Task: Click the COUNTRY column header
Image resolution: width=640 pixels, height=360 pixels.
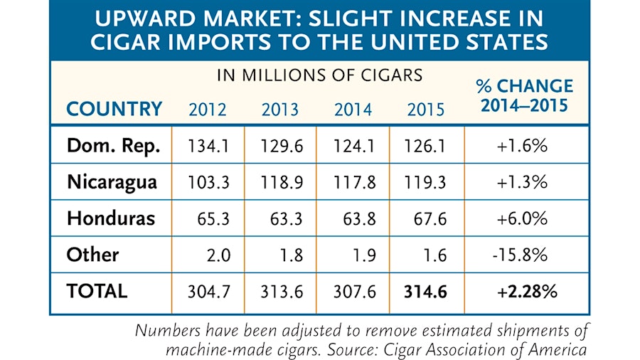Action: tap(114, 109)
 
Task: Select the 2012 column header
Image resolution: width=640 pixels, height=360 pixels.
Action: tap(208, 110)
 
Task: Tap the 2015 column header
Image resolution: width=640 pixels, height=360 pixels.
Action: tap(426, 110)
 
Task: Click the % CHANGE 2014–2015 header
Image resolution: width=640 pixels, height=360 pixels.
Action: tap(526, 96)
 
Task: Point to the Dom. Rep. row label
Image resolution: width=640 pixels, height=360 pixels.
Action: tap(113, 145)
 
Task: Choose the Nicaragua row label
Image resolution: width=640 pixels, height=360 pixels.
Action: tap(112, 181)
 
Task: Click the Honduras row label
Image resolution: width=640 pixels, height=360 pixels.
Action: tap(110, 218)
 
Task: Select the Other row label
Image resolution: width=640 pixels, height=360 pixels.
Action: tap(92, 254)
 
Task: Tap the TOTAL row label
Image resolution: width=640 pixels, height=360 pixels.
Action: tap(97, 291)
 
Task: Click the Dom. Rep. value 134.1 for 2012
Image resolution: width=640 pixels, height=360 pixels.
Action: tap(208, 146)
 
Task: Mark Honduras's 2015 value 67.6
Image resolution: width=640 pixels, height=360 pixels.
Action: tap(430, 218)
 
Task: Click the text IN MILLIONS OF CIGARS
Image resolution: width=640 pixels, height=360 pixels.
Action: tap(319, 74)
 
